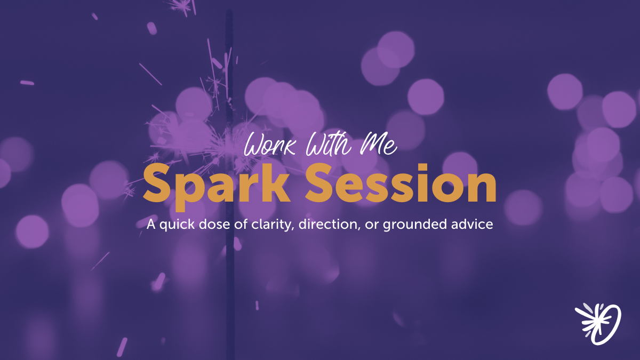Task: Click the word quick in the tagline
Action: (x=175, y=225)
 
